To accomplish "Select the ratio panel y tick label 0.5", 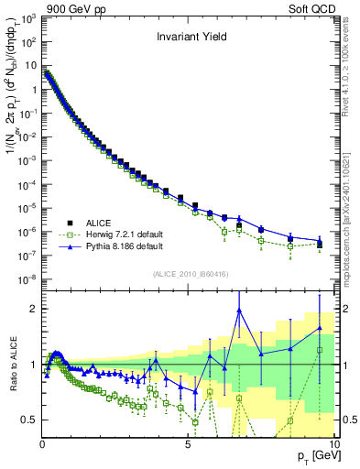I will [x=30, y=420].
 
